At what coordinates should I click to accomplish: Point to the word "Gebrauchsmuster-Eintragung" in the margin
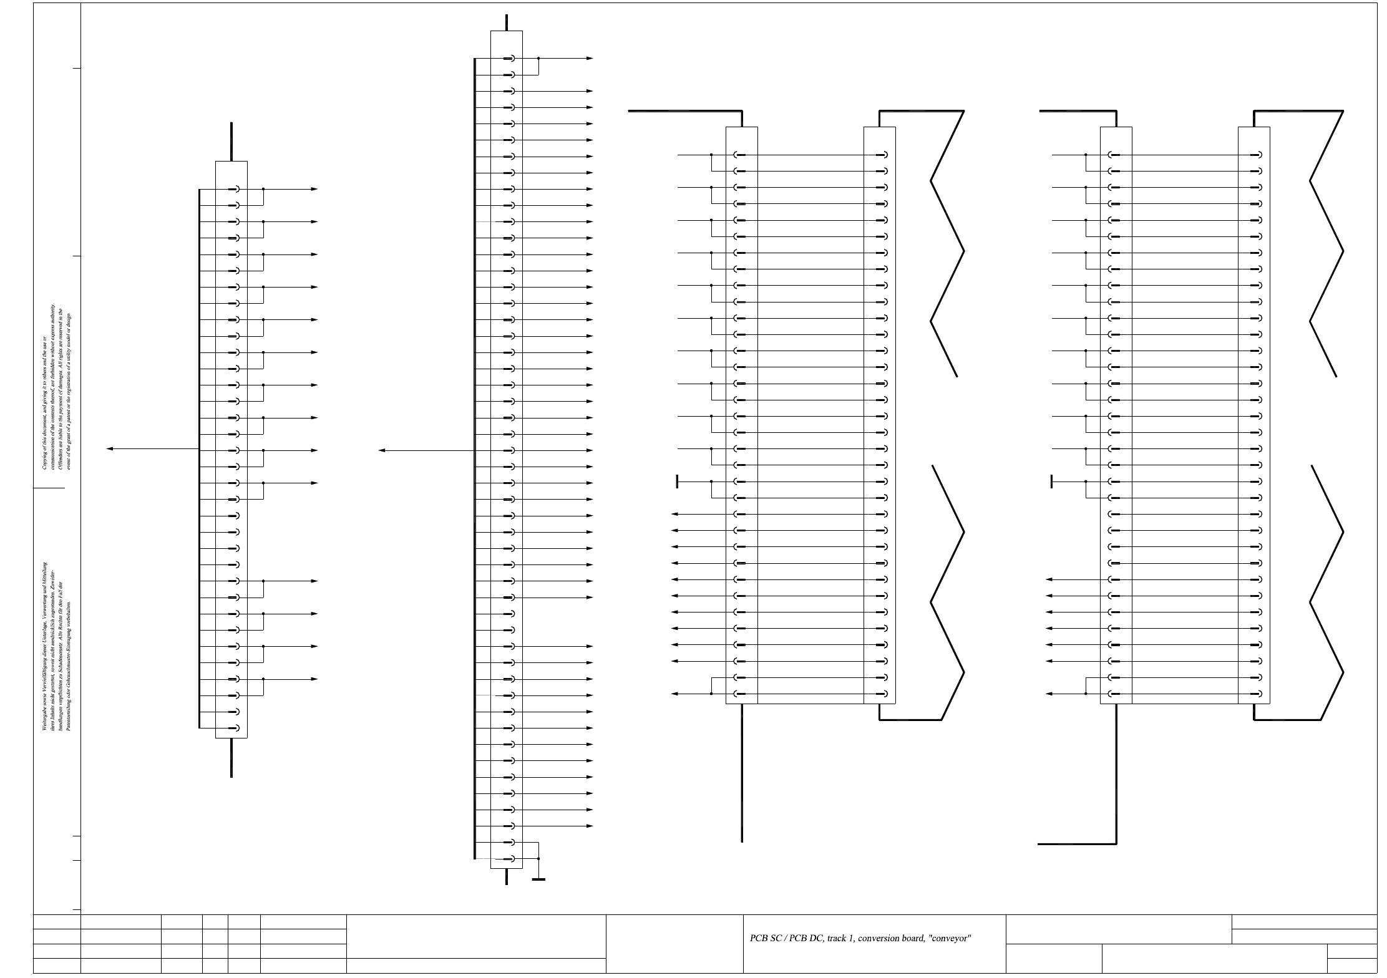click(69, 655)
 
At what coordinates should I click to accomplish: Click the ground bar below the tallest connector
click(538, 879)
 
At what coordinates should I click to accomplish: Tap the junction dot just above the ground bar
click(538, 859)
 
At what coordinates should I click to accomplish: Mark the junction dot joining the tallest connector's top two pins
click(538, 58)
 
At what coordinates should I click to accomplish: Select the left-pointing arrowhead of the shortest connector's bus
click(110, 449)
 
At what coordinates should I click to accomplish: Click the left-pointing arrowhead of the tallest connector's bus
click(382, 450)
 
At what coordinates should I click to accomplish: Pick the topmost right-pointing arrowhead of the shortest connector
click(314, 189)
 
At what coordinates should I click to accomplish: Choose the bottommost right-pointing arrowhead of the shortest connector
click(314, 679)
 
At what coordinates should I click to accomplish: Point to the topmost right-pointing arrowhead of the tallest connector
click(590, 58)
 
